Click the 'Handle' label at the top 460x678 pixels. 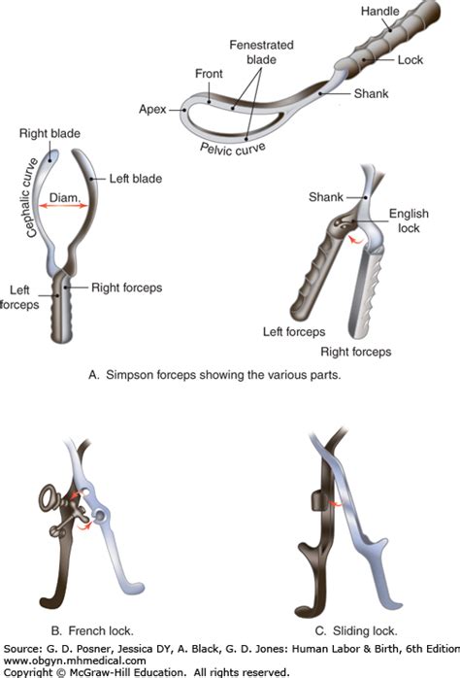point(379,11)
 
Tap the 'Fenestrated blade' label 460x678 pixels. point(261,51)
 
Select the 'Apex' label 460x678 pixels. point(152,110)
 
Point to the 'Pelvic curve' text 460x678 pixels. point(232,149)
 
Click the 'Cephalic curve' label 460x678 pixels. point(31,198)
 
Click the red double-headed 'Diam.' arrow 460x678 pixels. point(63,206)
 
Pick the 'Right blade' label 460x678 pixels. point(49,133)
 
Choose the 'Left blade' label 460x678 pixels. point(136,179)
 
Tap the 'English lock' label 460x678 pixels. point(409,220)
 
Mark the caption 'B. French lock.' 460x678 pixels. point(92,630)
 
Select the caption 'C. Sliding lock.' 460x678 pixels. point(356,630)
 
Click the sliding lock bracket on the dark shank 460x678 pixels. point(317,501)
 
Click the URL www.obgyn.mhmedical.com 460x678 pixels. point(75,661)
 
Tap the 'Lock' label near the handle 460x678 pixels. point(410,59)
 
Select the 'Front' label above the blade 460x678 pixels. point(209,74)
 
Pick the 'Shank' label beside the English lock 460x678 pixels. point(326,197)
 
